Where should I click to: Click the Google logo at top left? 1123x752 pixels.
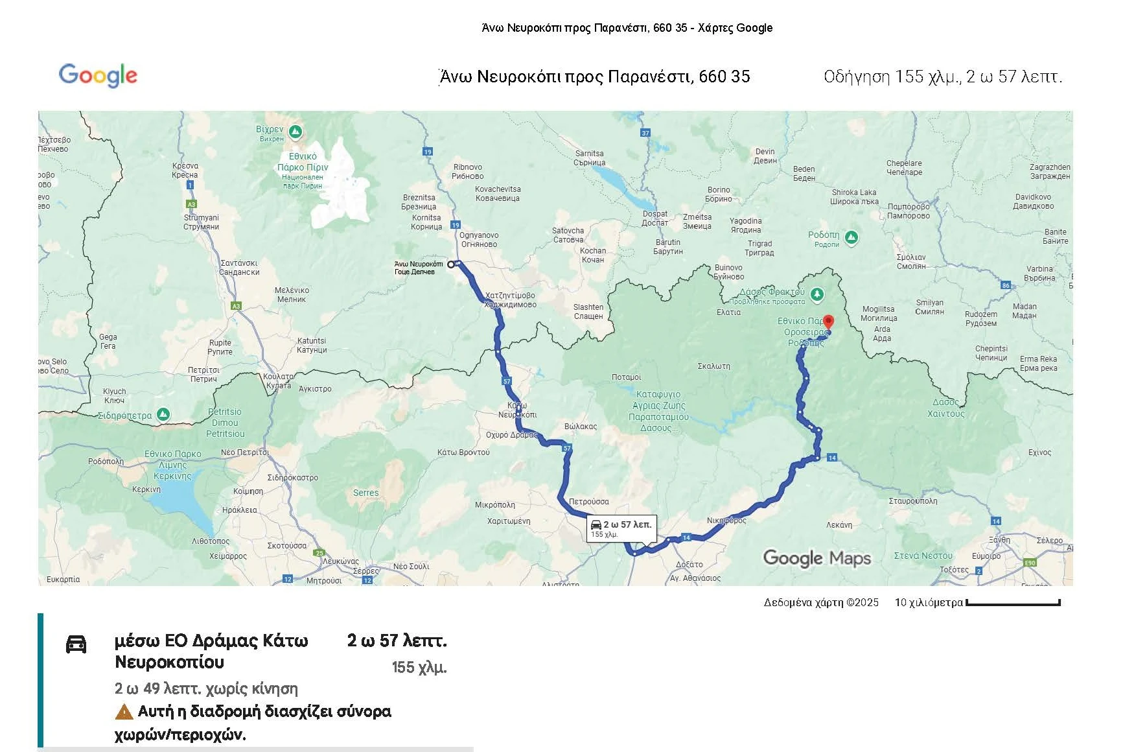pyautogui.click(x=98, y=75)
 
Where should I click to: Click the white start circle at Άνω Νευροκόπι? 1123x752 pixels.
pyautogui.click(x=451, y=264)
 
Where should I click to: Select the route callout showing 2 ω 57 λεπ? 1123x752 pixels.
pyautogui.click(x=621, y=528)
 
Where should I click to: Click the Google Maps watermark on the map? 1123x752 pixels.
pyautogui.click(x=816, y=558)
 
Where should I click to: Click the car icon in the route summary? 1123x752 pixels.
pyautogui.click(x=76, y=644)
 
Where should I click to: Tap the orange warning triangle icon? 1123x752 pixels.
pyautogui.click(x=124, y=712)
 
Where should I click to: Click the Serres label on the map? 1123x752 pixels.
pyautogui.click(x=365, y=493)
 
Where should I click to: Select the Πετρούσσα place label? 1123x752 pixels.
pyautogui.click(x=588, y=502)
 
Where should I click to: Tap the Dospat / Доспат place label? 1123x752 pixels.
pyautogui.click(x=654, y=218)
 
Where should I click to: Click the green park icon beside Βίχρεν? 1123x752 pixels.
pyautogui.click(x=295, y=132)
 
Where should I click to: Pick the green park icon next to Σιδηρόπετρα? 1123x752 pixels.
pyautogui.click(x=163, y=414)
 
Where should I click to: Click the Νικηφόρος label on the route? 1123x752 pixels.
pyautogui.click(x=726, y=521)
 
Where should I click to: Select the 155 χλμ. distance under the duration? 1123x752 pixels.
pyautogui.click(x=419, y=667)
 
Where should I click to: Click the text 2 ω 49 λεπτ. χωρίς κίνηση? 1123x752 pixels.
pyautogui.click(x=206, y=688)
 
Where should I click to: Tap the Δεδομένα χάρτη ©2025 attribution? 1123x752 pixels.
pyautogui.click(x=821, y=603)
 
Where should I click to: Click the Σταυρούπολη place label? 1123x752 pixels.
pyautogui.click(x=912, y=501)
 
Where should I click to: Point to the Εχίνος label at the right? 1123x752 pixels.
pyautogui.click(x=1039, y=452)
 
